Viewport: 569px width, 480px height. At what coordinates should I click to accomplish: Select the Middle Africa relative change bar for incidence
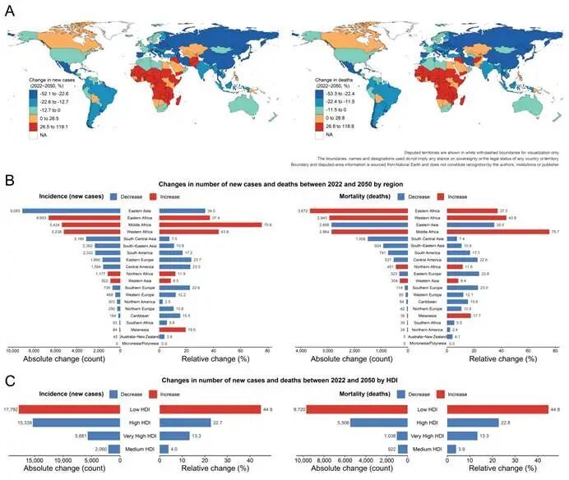click(215, 224)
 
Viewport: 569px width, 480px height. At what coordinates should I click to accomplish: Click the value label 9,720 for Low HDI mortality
click(300, 409)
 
